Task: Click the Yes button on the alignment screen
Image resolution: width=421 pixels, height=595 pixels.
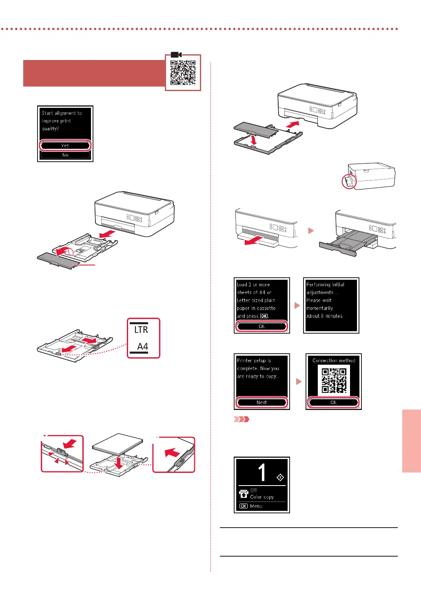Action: (65, 145)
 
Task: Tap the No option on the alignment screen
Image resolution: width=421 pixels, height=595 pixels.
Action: (65, 155)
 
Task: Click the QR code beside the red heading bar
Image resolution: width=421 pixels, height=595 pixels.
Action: (183, 73)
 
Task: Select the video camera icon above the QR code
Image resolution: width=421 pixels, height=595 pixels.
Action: (176, 55)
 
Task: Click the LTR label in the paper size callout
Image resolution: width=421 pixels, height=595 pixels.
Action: (141, 330)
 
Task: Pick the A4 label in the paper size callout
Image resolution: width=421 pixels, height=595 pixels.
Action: (142, 347)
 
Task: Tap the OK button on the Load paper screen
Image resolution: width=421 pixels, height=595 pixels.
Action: (261, 326)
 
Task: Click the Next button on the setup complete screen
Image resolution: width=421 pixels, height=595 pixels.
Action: (261, 402)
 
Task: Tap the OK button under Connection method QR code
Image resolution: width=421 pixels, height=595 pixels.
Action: (333, 402)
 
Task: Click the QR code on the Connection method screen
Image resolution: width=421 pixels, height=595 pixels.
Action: (334, 380)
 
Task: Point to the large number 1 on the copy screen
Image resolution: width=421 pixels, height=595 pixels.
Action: (262, 472)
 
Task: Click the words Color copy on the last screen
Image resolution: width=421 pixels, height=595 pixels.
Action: (262, 497)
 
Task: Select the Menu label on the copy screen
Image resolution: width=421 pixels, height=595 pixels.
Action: (256, 506)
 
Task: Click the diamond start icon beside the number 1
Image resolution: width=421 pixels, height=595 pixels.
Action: (280, 477)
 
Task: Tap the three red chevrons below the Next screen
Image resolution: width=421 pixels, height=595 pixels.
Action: (241, 419)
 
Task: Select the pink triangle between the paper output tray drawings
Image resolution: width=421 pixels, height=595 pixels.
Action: (311, 231)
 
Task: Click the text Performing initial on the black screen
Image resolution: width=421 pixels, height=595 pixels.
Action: (325, 285)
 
